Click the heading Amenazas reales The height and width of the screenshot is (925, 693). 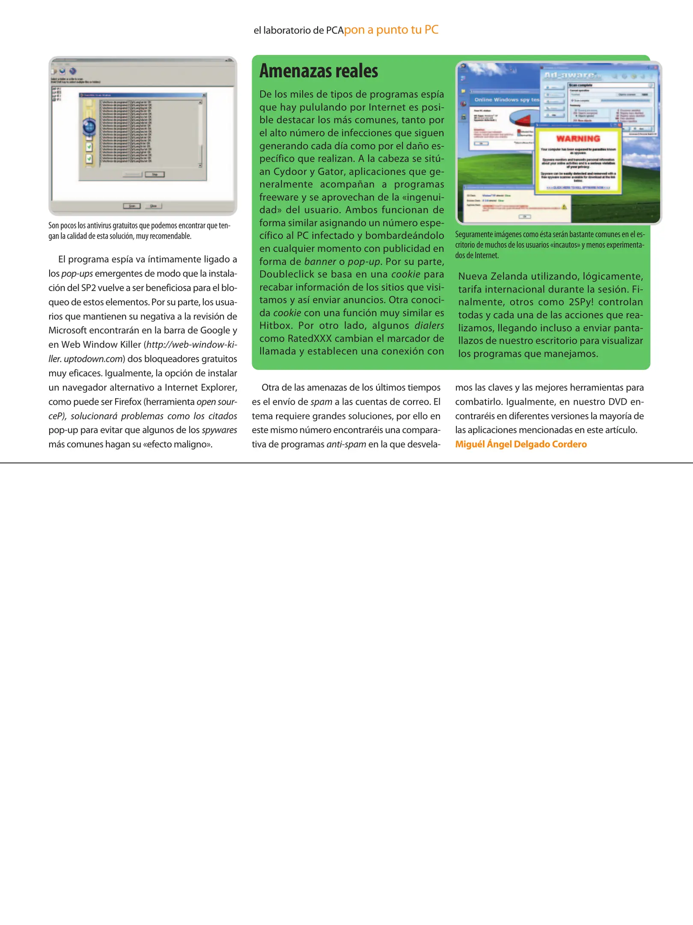tap(318, 71)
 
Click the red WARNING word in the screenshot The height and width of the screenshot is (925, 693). tap(578, 139)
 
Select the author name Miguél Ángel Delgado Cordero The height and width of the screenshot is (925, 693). tap(520, 444)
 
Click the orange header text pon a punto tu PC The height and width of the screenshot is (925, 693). tap(391, 30)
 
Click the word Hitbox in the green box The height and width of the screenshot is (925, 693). tap(274, 325)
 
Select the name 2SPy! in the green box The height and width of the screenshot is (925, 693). tap(581, 302)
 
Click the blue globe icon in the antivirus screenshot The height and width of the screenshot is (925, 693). tap(89, 127)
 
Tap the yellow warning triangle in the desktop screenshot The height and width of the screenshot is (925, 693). tap(564, 207)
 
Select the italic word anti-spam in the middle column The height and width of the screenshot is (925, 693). tap(346, 444)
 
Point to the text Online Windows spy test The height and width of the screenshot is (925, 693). tap(506, 100)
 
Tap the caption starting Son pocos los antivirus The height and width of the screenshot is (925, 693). tap(139, 230)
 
